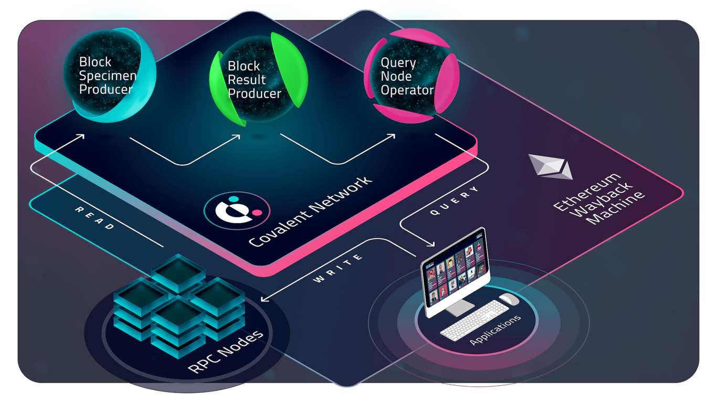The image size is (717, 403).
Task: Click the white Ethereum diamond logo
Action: tap(550, 166)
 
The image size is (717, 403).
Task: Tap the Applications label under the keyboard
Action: tap(495, 330)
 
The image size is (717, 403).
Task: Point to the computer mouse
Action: tap(509, 299)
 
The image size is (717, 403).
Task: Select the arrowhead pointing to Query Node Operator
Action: tap(393, 136)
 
